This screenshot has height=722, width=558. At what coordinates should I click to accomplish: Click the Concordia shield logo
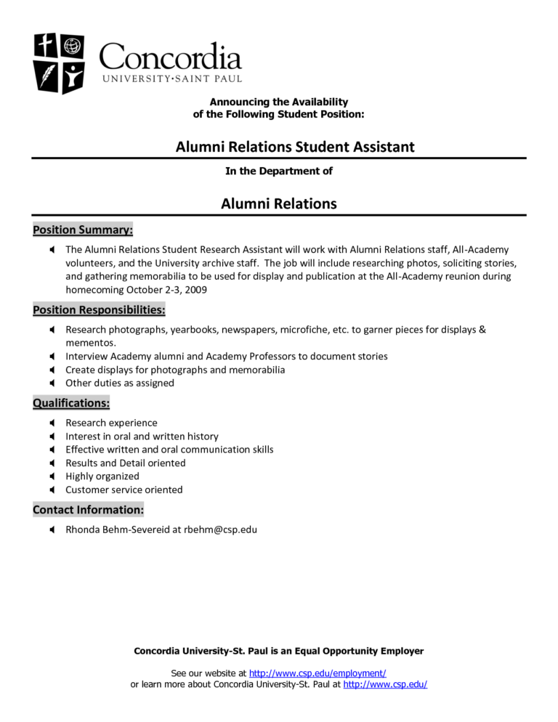59,63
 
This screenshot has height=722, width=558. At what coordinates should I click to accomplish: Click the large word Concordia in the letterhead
170,57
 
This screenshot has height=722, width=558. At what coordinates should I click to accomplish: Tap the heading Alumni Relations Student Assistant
295,147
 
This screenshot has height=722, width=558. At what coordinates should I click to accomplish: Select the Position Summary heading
83,230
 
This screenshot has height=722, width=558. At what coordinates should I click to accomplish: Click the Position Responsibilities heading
99,310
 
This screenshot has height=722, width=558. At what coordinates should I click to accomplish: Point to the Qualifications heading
71,402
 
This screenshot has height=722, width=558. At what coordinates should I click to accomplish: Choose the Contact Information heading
88,510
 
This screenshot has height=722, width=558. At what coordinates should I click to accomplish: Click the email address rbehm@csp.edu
220,530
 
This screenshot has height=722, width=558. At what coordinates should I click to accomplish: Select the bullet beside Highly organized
53,476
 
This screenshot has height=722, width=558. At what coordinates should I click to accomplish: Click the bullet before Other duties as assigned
53,384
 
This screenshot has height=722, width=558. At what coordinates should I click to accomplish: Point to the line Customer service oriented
124,490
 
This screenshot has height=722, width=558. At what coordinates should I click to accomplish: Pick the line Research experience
111,423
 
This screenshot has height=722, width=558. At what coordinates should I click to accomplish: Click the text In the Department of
279,171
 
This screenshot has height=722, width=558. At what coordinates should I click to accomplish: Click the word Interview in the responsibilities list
87,357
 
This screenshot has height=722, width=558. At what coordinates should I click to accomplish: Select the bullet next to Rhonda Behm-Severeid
53,530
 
